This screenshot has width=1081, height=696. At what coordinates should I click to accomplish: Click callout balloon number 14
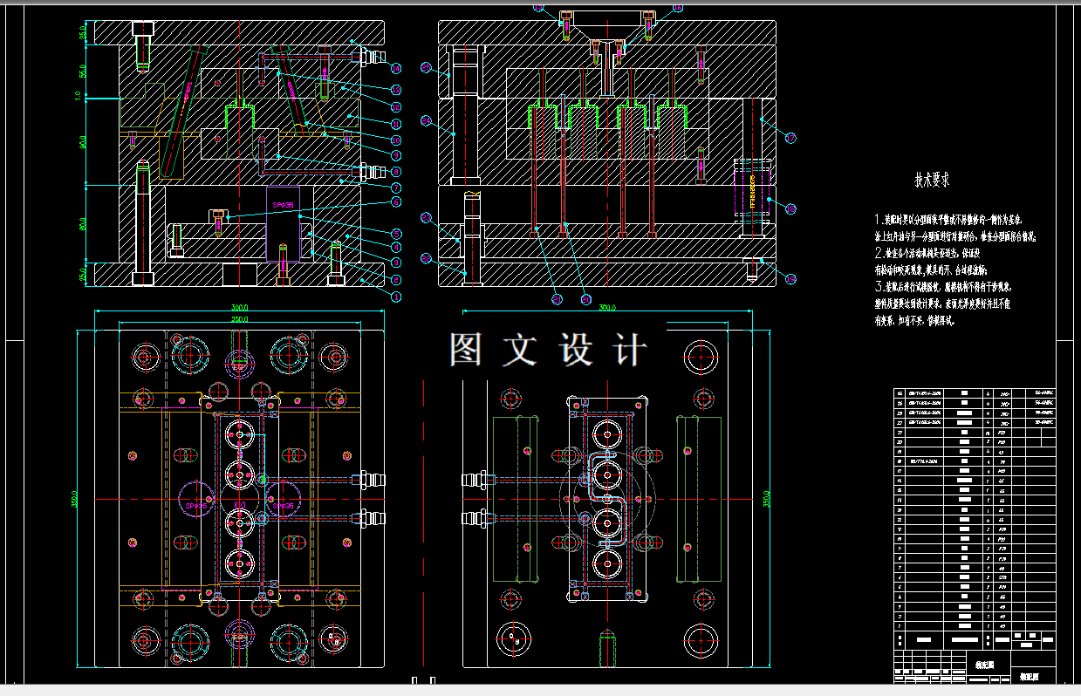(x=396, y=68)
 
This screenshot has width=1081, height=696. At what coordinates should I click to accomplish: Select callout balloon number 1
(x=396, y=297)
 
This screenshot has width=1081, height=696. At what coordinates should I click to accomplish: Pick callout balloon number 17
(x=790, y=138)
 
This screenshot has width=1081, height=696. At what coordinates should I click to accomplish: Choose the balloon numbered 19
(x=790, y=279)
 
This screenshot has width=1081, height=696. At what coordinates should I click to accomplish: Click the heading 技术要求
(x=931, y=181)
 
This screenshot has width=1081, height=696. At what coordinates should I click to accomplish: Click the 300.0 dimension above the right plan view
(x=607, y=308)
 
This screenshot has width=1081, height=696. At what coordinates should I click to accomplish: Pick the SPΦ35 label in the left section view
(x=282, y=205)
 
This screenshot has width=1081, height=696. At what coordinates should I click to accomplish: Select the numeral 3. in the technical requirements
(x=879, y=286)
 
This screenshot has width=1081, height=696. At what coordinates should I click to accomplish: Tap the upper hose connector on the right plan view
(x=476, y=480)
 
